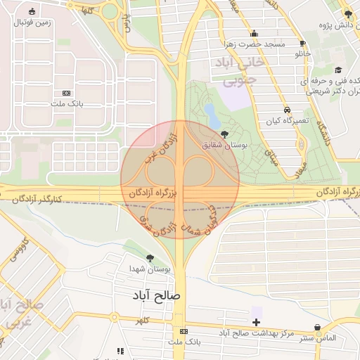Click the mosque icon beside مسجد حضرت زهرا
click(254, 33)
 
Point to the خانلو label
click(302, 53)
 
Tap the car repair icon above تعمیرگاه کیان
click(287, 110)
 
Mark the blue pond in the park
click(210, 113)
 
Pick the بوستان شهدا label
click(150, 269)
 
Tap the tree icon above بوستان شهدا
click(150, 258)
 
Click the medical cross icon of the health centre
click(256, 322)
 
